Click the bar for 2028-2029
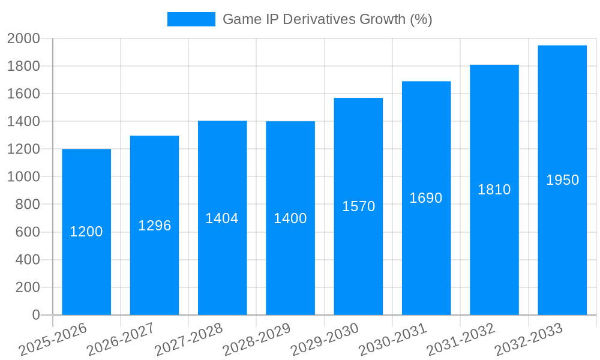(x=290, y=264)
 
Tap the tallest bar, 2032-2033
(x=562, y=240)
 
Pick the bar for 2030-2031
(x=426, y=252)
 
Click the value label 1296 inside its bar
(x=155, y=226)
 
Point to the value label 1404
(x=222, y=218)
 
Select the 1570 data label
(x=359, y=206)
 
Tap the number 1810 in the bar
(x=494, y=190)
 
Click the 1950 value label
(x=563, y=180)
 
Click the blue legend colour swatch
(x=191, y=19)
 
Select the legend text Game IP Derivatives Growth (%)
(x=327, y=19)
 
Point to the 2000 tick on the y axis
(x=23, y=38)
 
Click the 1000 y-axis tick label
(x=23, y=177)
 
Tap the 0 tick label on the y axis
(x=35, y=315)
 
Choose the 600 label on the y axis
(x=27, y=232)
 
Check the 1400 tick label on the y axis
(x=23, y=121)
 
